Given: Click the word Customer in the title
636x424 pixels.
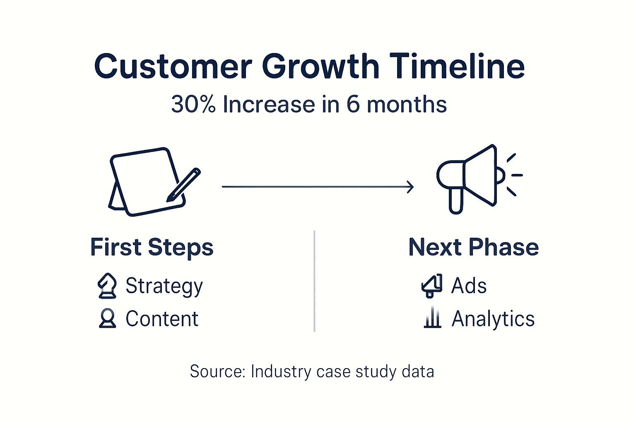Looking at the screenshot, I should (x=173, y=66).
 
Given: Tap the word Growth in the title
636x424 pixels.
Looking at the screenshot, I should (x=320, y=66).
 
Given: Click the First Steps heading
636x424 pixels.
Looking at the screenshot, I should (x=152, y=247).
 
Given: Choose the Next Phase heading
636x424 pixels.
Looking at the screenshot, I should (x=473, y=247).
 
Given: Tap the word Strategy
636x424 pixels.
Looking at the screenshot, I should (x=164, y=286).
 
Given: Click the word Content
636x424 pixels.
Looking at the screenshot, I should (x=162, y=319).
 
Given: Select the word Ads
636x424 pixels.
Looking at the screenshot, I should (x=469, y=286).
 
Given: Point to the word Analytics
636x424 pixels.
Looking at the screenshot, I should (x=493, y=319).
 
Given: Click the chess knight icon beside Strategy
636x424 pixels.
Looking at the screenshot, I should (x=107, y=286).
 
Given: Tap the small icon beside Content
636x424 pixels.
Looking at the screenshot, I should (x=108, y=318).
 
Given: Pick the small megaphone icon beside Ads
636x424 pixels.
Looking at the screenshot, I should (x=432, y=286).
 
